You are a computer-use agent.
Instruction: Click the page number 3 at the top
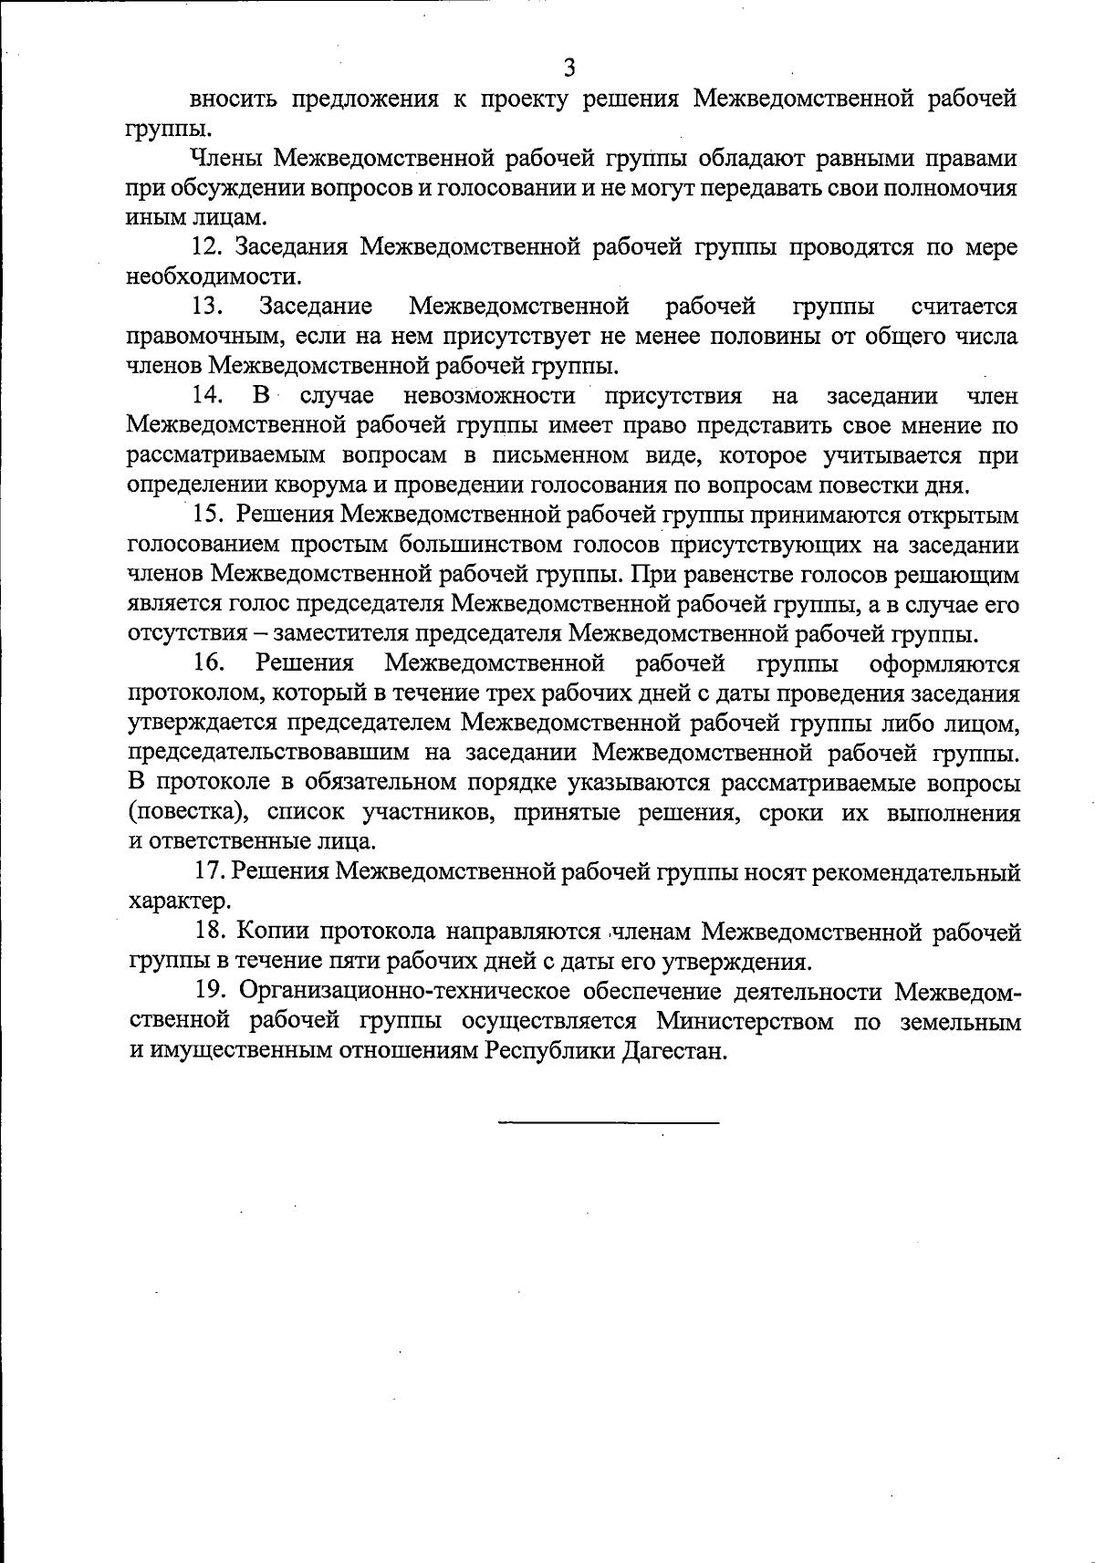click(x=568, y=68)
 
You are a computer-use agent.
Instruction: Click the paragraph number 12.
click(x=206, y=247)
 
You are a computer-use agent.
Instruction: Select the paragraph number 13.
click(x=206, y=307)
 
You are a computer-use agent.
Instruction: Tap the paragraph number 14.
click(x=207, y=395)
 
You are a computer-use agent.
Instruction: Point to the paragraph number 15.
click(x=208, y=515)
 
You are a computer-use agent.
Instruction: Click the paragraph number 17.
click(x=210, y=872)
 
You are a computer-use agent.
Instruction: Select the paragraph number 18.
click(x=210, y=932)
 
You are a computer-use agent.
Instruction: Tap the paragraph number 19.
click(x=210, y=991)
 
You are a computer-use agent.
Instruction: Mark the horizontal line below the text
click(x=609, y=1121)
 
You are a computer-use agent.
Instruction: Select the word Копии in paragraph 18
click(x=273, y=932)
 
